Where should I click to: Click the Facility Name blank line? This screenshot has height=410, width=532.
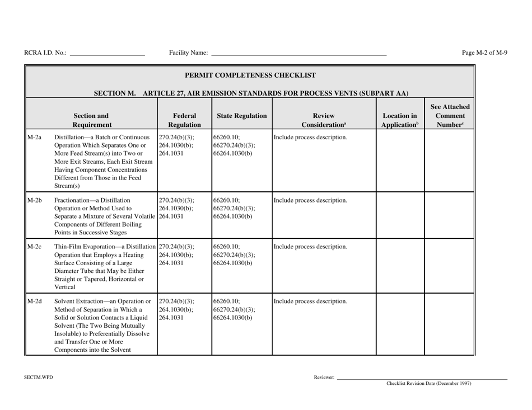click(x=298, y=55)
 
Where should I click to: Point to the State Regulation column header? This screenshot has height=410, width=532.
click(x=241, y=117)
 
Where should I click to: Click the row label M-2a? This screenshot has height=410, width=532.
click(x=34, y=138)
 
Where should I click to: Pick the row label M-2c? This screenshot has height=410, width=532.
click(x=34, y=247)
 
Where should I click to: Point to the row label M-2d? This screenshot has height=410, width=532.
click(x=34, y=302)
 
